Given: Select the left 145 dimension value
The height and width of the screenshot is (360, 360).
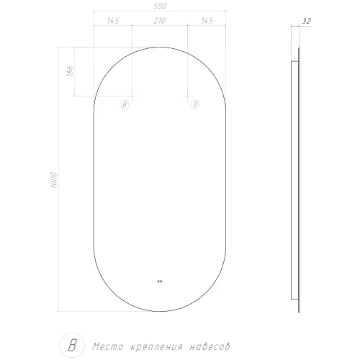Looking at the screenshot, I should pyautogui.click(x=113, y=20).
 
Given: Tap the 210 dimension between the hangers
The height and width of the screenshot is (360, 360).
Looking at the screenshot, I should pyautogui.click(x=159, y=20).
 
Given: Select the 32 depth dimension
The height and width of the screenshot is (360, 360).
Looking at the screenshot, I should pyautogui.click(x=307, y=22).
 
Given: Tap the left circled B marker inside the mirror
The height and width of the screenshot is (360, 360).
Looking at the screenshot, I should pyautogui.click(x=124, y=105).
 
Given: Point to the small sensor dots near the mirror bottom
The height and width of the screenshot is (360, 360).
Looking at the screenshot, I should pyautogui.click(x=159, y=281).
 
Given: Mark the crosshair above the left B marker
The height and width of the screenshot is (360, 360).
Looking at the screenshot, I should pyautogui.click(x=132, y=96).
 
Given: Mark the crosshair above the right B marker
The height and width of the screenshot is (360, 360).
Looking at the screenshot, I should pyautogui.click(x=186, y=96).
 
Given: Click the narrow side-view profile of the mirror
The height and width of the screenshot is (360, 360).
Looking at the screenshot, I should pyautogui.click(x=297, y=179).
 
